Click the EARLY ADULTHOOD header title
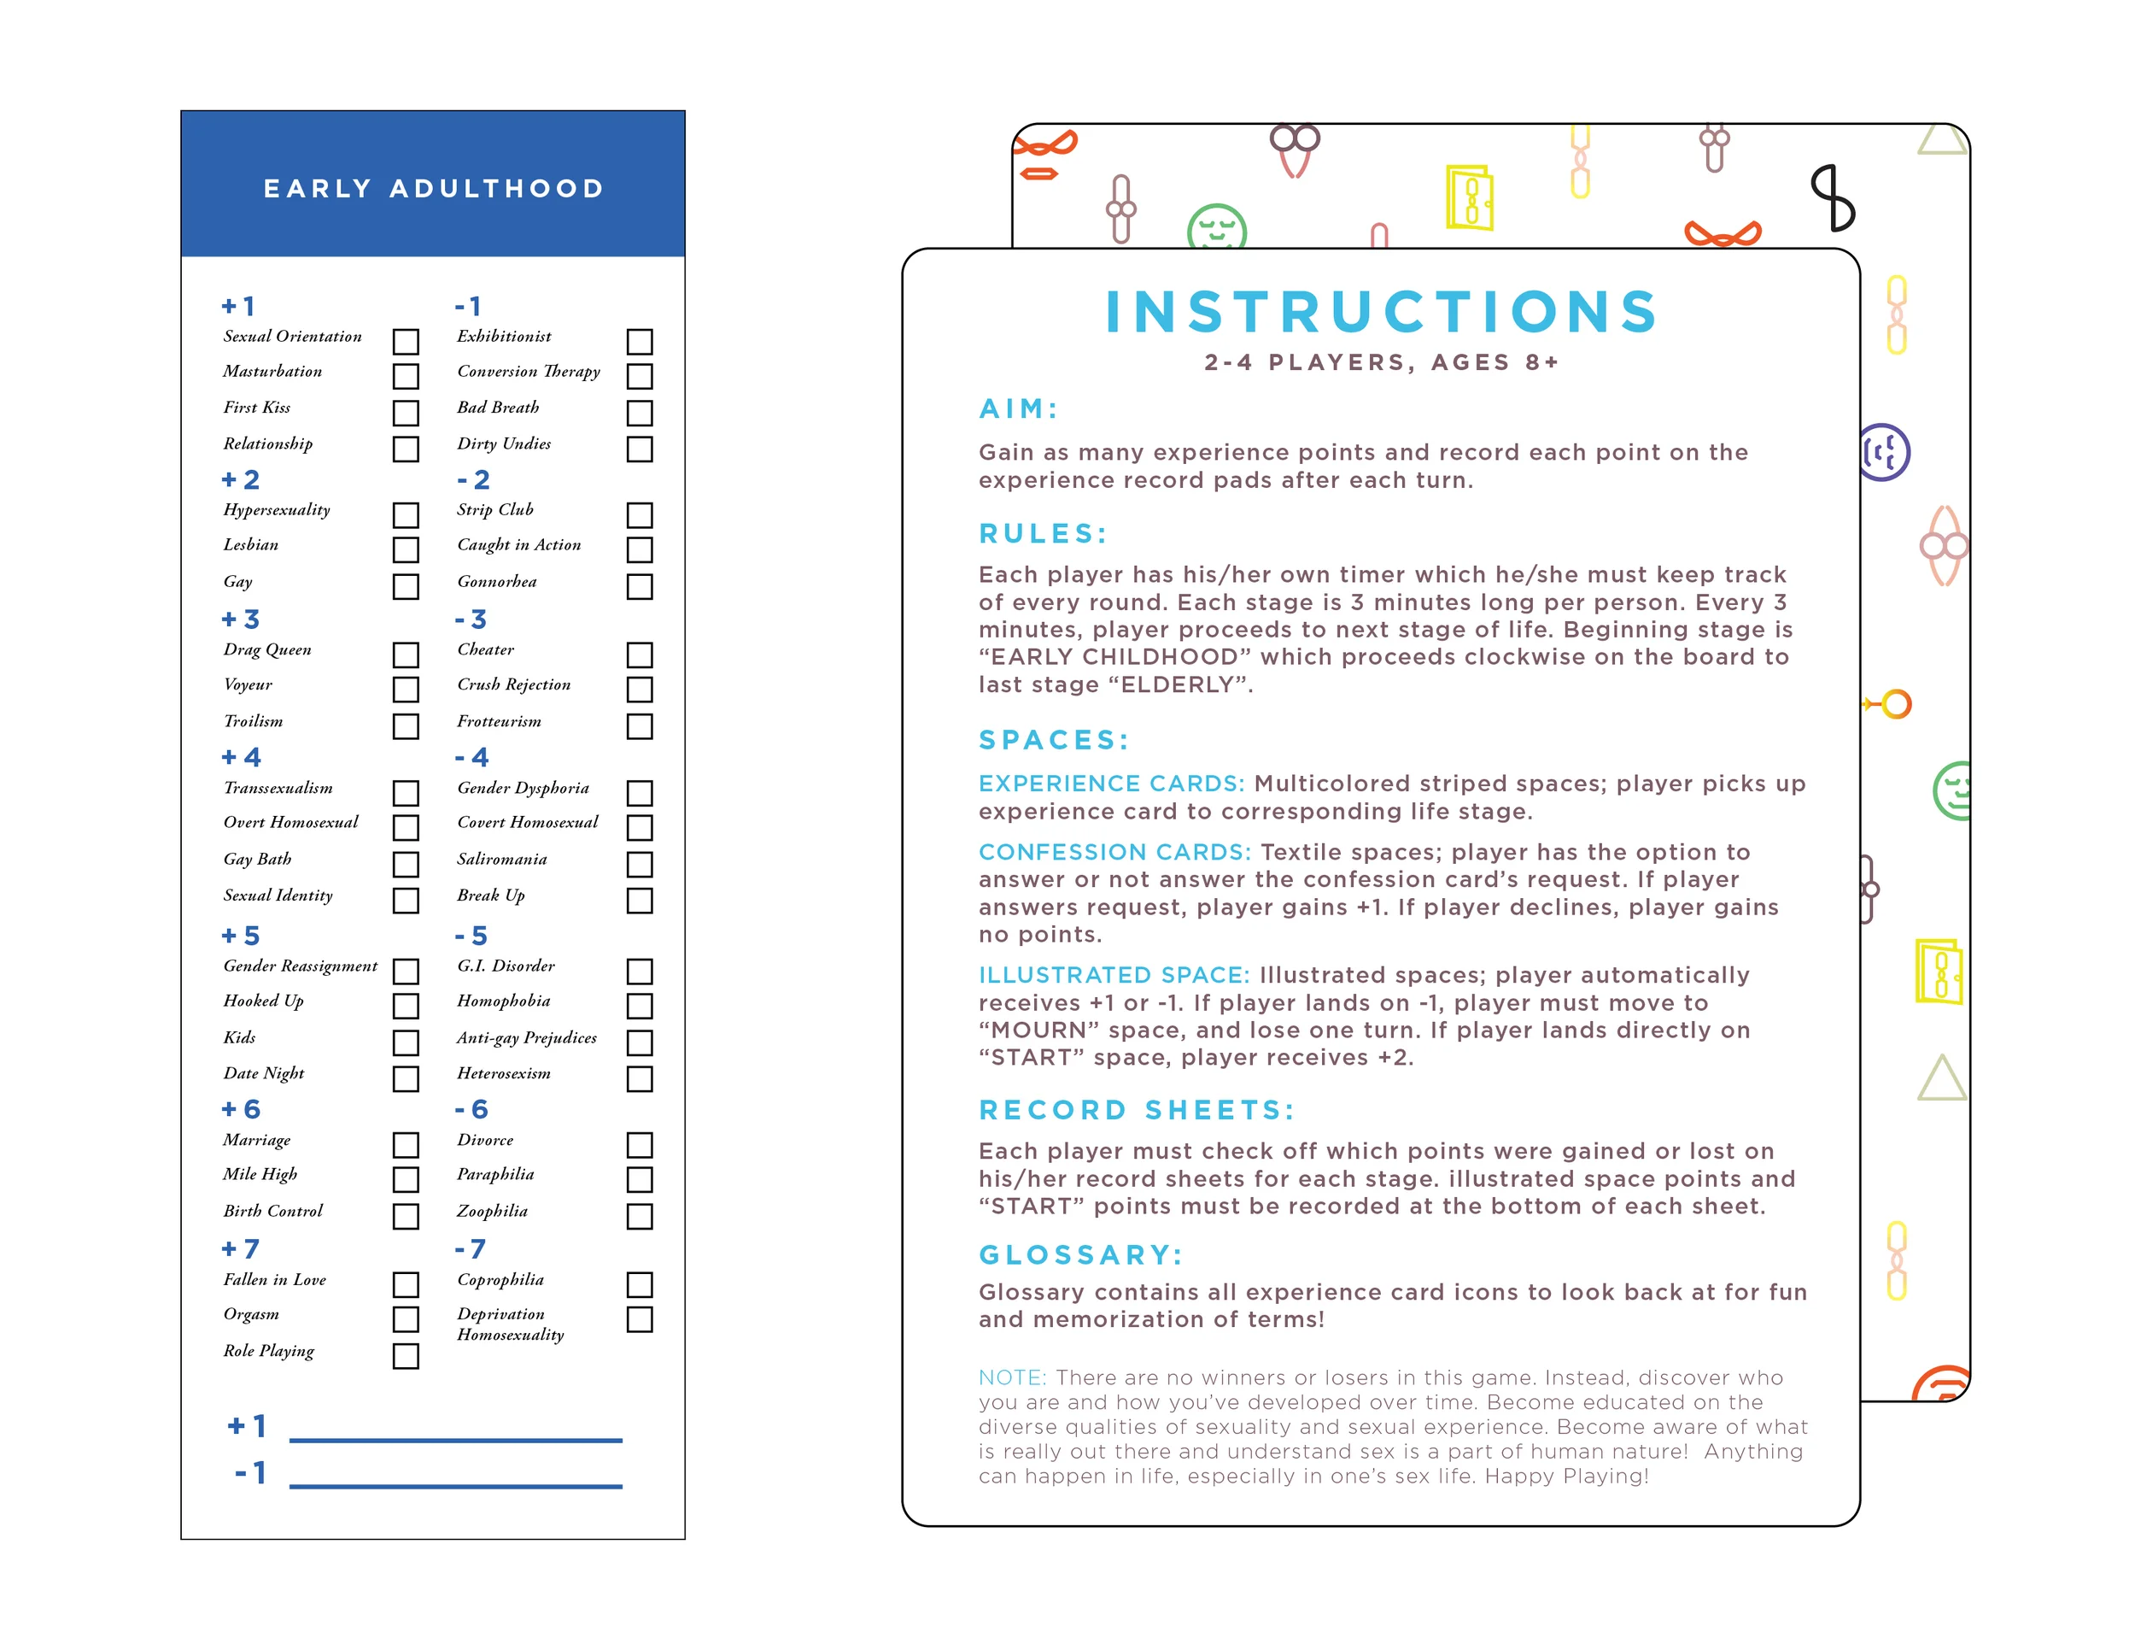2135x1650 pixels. [433, 188]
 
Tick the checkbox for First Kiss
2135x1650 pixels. [406, 413]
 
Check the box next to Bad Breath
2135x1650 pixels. [640, 413]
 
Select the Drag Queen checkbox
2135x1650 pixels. [406, 655]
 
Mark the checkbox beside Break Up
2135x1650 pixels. [640, 900]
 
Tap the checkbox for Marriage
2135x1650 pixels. [406, 1144]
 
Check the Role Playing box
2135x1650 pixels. [406, 1355]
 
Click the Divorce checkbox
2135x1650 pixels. [640, 1144]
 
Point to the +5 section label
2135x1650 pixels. [241, 936]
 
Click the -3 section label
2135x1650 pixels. [471, 619]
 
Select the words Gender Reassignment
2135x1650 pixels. [300, 966]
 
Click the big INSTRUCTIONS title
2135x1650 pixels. [1380, 312]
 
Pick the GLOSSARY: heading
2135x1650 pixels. [1080, 1255]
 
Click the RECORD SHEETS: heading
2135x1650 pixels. [1136, 1110]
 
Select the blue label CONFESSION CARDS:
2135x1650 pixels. [1114, 852]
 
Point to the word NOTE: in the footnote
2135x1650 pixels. [1012, 1378]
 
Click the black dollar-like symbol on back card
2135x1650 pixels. [1831, 197]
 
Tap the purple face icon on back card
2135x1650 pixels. [1883, 452]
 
